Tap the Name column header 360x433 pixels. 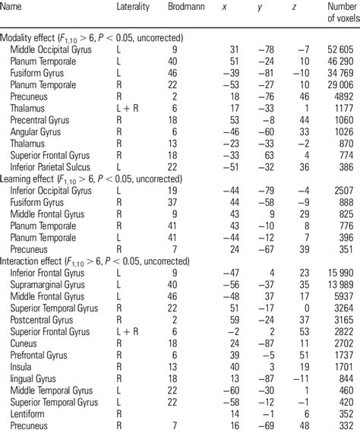[13, 6]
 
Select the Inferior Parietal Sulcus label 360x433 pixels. [50, 165]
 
